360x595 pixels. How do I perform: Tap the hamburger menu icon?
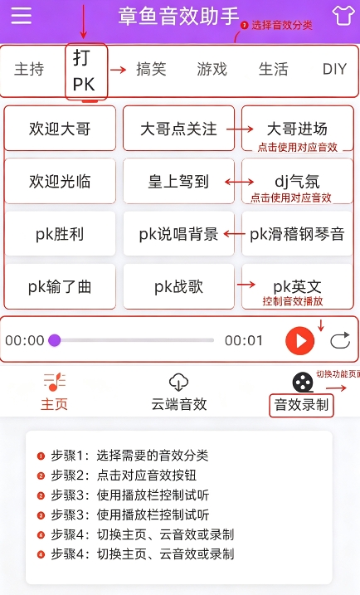22,16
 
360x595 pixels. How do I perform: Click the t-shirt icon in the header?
343,16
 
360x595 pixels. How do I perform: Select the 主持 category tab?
29,70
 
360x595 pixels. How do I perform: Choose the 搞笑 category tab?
151,70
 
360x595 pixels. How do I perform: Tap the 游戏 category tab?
212,70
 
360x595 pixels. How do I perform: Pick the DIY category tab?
334,70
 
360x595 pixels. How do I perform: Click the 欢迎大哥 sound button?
60,129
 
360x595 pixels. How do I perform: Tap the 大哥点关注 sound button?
178,129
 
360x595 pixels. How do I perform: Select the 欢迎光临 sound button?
60,181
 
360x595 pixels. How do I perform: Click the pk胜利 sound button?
60,234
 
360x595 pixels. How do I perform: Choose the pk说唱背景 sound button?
178,234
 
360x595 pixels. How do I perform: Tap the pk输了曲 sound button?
60,286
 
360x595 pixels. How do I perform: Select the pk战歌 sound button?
178,286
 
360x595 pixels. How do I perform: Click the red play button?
300,340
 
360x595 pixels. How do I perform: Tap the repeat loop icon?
340,340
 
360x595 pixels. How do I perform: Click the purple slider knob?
55,340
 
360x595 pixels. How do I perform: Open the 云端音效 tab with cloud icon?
178,393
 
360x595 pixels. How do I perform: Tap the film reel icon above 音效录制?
303,382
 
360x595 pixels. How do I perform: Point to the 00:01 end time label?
244,340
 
